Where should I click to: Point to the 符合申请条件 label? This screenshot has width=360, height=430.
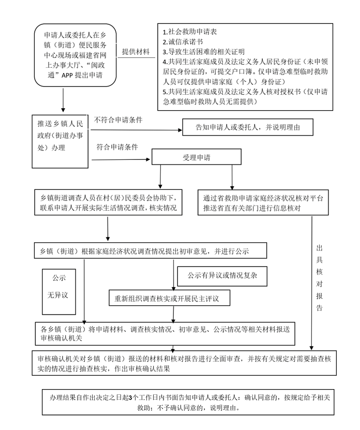point(117,147)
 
